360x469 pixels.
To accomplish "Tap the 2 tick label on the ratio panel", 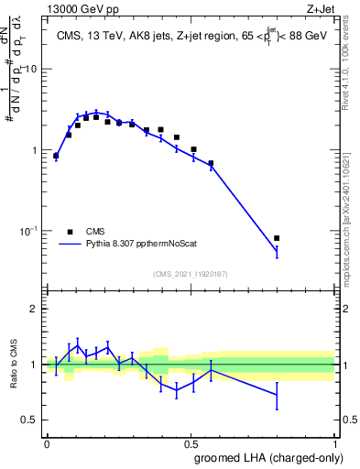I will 35,309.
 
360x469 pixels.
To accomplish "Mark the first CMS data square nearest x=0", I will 56,156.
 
